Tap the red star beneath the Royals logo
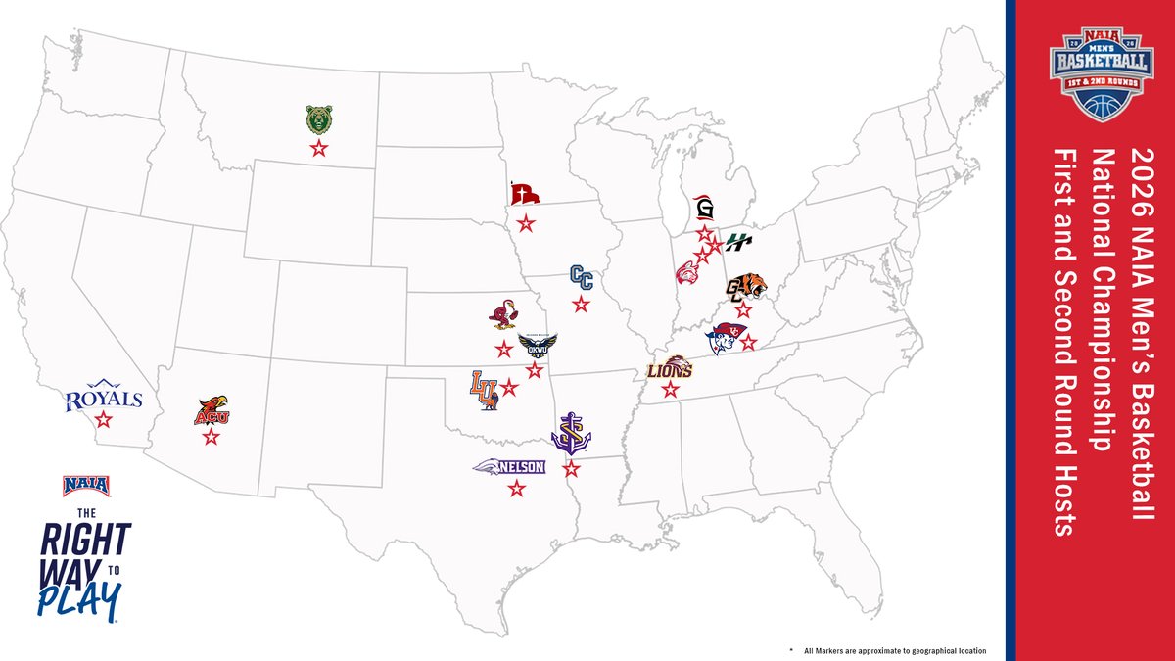(x=104, y=419)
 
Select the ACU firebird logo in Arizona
(x=211, y=411)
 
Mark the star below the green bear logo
(x=317, y=149)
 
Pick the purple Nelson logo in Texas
(x=509, y=467)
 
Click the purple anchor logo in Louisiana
(x=570, y=434)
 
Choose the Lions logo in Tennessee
(x=670, y=369)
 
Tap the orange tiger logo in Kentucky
(x=745, y=288)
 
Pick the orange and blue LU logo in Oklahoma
(x=484, y=389)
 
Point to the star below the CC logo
(x=582, y=304)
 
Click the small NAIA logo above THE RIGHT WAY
(x=86, y=485)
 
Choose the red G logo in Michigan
(x=703, y=208)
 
